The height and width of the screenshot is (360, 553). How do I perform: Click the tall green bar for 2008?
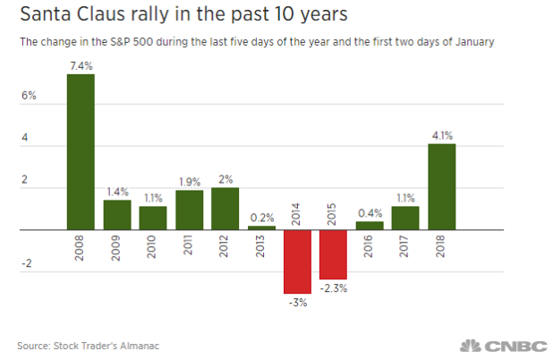81,151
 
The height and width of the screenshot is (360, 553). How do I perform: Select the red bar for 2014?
298,261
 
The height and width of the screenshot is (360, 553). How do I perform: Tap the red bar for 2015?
334,254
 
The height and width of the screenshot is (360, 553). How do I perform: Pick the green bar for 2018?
442,186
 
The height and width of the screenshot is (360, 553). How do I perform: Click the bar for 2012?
225,208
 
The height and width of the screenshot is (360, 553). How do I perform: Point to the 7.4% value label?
81,64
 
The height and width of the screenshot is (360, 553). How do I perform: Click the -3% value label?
298,303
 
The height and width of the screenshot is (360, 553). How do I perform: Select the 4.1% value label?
442,135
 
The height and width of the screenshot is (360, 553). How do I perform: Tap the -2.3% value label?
334,288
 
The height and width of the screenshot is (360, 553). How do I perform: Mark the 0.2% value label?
261,217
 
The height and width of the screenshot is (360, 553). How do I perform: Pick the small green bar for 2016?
370,226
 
